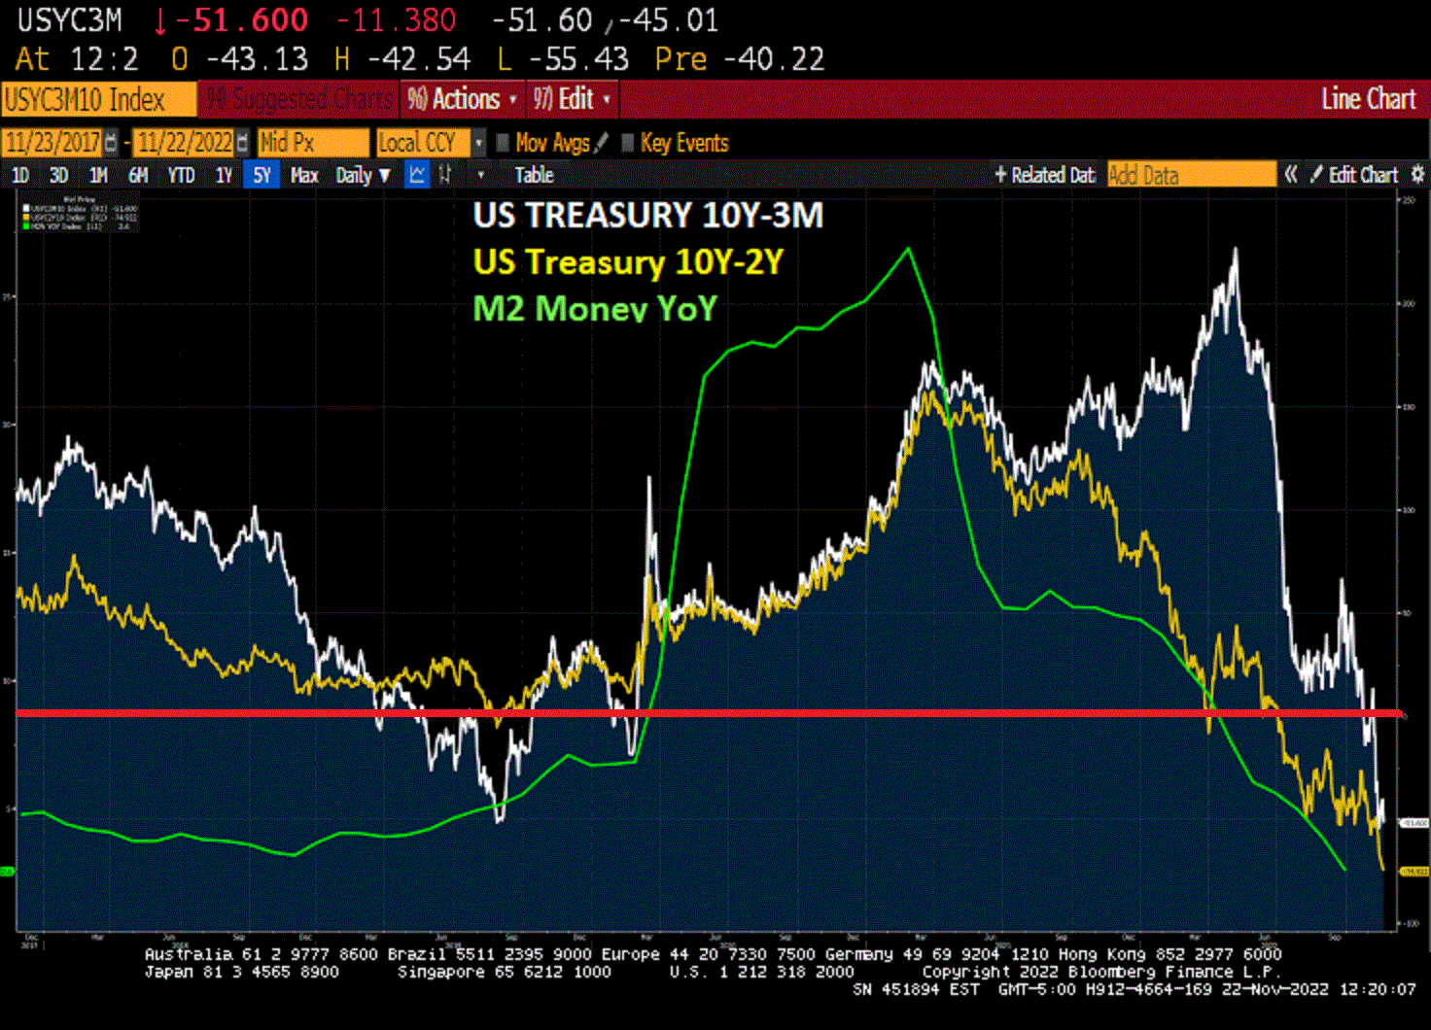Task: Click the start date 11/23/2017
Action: point(52,143)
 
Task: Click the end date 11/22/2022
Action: point(185,143)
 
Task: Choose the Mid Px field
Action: point(311,143)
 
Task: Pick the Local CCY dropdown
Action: point(429,143)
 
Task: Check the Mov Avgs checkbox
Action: point(504,143)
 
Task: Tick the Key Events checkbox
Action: point(628,143)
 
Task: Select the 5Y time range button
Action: point(262,175)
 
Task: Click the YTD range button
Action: point(181,175)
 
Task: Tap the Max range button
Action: point(304,175)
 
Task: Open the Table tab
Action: point(534,175)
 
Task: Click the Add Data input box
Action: point(1191,175)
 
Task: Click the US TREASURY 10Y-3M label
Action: point(647,216)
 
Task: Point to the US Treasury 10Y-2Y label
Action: point(627,262)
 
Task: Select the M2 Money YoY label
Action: point(594,309)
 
